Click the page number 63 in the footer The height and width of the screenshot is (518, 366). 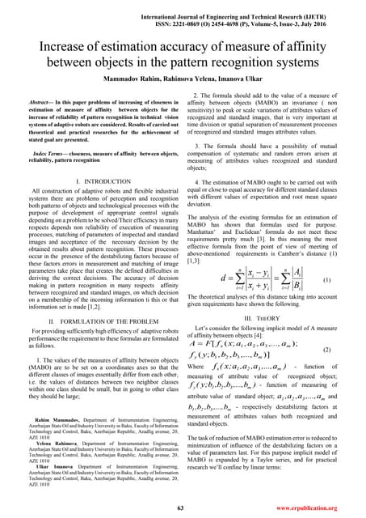coord(183,507)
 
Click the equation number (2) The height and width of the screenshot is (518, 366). coord(347,350)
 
